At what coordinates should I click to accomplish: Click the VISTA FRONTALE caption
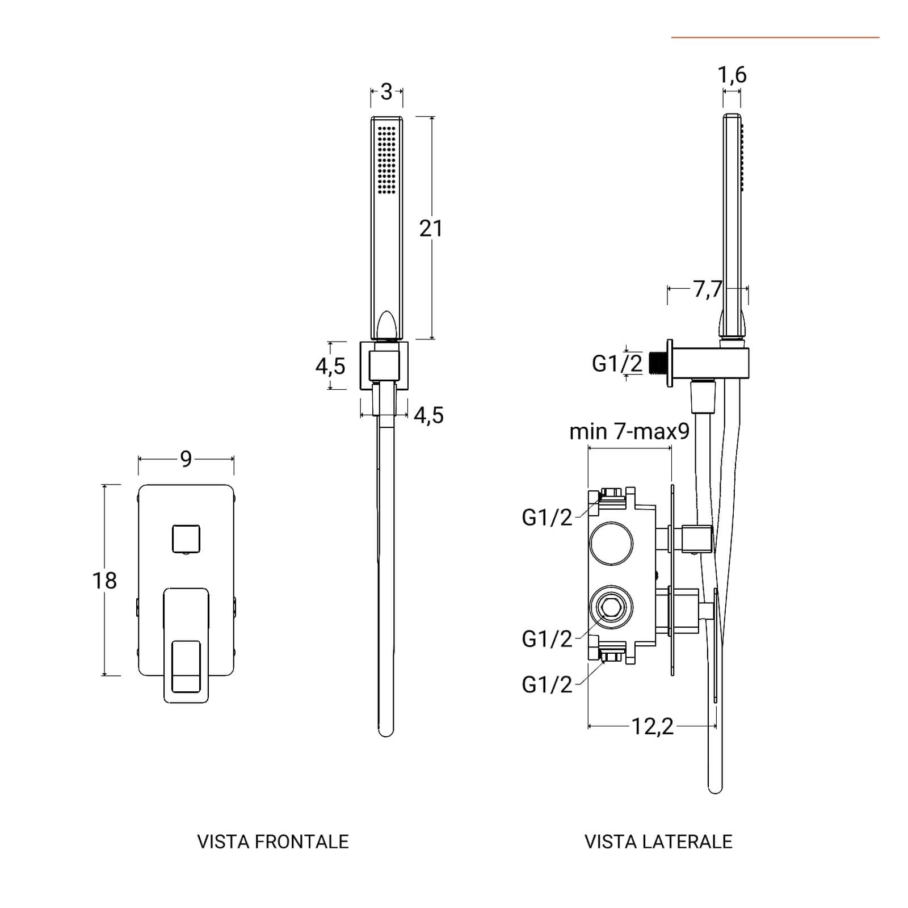272,841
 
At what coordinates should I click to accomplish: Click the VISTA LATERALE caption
658,841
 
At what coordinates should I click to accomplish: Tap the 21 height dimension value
431,229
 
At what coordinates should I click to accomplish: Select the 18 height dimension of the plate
104,581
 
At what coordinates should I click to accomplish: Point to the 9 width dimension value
186,459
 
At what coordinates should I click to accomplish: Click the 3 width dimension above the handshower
386,91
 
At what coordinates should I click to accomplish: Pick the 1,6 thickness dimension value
732,74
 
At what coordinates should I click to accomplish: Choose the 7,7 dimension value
707,289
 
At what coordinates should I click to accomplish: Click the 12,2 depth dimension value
653,726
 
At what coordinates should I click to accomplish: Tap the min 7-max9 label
629,432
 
